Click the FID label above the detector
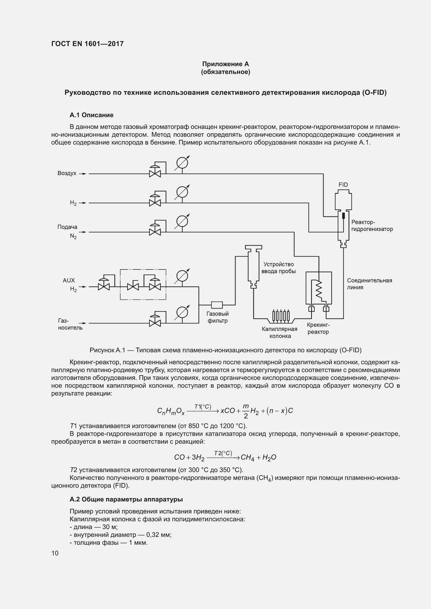pos(343,185)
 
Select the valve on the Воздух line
pos(155,174)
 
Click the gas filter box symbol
pos(217,305)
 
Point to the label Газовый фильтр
pos(217,317)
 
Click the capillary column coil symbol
pos(281,316)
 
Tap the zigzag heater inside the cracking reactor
pos(318,289)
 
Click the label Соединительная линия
pos(369,284)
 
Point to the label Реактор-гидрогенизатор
pos(372,225)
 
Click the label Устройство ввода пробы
pos(278,268)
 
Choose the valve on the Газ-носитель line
pos(155,323)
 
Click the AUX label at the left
pos(69,280)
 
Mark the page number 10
pos(55,553)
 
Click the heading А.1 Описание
pos(91,115)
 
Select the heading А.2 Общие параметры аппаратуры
pos(126,499)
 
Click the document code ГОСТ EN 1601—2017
pos(87,44)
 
